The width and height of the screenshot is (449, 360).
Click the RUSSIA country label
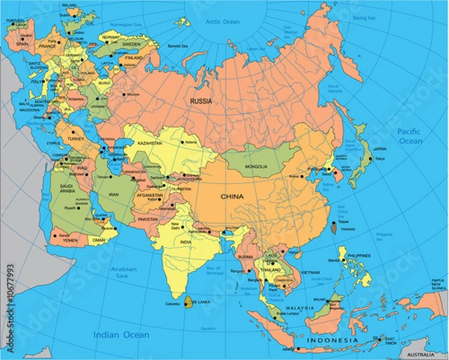(201, 101)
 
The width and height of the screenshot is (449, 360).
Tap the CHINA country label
(233, 196)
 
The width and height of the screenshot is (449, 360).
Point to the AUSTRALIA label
(425, 353)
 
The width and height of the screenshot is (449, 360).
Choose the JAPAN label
(380, 148)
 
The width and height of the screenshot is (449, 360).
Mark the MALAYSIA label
(299, 308)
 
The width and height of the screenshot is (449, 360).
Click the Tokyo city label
(379, 159)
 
